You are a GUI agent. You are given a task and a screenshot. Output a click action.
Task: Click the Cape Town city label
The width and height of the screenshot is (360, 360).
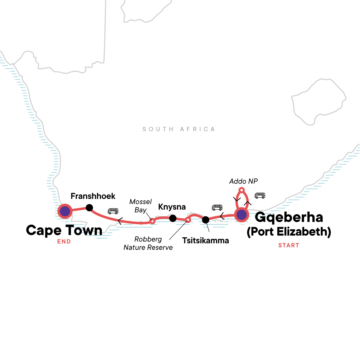click(64, 230)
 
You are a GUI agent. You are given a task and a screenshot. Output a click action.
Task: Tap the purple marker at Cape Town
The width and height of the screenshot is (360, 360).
click(65, 211)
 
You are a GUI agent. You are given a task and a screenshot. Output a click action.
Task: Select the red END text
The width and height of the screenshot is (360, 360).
click(64, 241)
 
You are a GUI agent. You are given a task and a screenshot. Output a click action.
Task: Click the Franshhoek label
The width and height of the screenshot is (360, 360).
click(93, 196)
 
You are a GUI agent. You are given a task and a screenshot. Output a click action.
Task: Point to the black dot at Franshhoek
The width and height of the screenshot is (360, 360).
click(89, 208)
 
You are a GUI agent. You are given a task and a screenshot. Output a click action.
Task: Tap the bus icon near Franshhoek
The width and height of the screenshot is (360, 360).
click(113, 211)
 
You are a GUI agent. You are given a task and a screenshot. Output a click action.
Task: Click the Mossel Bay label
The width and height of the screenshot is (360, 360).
click(140, 206)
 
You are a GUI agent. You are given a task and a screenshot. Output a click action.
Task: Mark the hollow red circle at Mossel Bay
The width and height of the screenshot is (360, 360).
click(152, 221)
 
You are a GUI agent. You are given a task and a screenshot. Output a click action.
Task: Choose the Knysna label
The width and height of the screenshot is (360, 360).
click(172, 207)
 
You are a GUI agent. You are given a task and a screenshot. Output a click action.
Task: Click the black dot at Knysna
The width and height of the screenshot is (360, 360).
click(173, 218)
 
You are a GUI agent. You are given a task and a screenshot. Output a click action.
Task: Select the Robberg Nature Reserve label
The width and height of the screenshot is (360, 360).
click(148, 243)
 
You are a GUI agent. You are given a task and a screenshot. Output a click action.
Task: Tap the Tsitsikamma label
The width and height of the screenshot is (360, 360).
click(205, 241)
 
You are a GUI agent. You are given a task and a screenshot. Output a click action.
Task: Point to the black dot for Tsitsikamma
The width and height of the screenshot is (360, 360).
click(205, 220)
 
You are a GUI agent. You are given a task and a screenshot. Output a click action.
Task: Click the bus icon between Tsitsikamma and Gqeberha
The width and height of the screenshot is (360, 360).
click(217, 207)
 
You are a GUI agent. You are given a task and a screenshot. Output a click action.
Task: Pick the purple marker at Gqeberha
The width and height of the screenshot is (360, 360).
click(241, 215)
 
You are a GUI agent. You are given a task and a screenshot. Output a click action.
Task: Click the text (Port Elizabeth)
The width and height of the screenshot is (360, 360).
click(289, 232)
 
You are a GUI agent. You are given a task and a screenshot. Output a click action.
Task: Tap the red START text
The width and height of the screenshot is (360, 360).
click(289, 245)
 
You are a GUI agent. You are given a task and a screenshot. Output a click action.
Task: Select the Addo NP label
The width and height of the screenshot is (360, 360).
click(243, 181)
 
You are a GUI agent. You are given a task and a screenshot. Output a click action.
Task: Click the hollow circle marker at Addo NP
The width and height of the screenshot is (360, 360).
click(241, 190)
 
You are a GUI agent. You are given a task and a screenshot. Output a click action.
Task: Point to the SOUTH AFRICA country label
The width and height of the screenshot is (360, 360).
click(179, 129)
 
